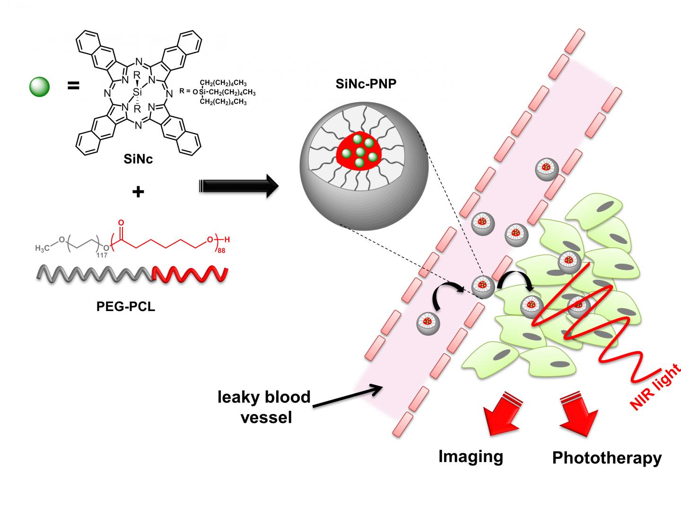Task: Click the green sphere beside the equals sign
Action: click(x=39, y=86)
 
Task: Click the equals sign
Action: click(x=73, y=86)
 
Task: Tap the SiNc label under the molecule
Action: click(x=138, y=159)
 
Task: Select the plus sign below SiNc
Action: click(x=138, y=192)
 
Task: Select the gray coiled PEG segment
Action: click(x=95, y=275)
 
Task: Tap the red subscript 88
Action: click(x=221, y=250)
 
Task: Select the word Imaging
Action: click(x=471, y=456)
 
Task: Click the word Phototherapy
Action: click(x=606, y=458)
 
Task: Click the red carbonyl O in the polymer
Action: click(x=121, y=222)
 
